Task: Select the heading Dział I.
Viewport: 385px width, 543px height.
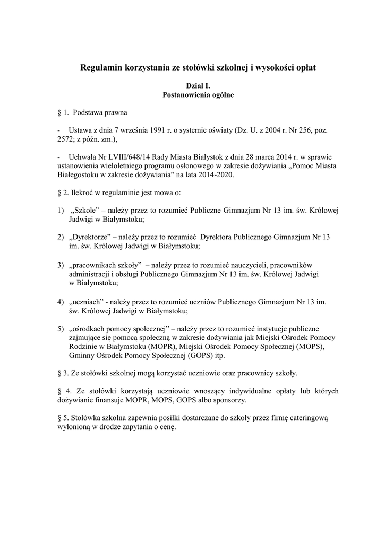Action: point(192,86)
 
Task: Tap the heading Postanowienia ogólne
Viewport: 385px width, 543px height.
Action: point(192,95)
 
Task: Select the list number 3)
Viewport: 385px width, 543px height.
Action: point(61,264)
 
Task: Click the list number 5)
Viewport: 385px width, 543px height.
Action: point(61,328)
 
